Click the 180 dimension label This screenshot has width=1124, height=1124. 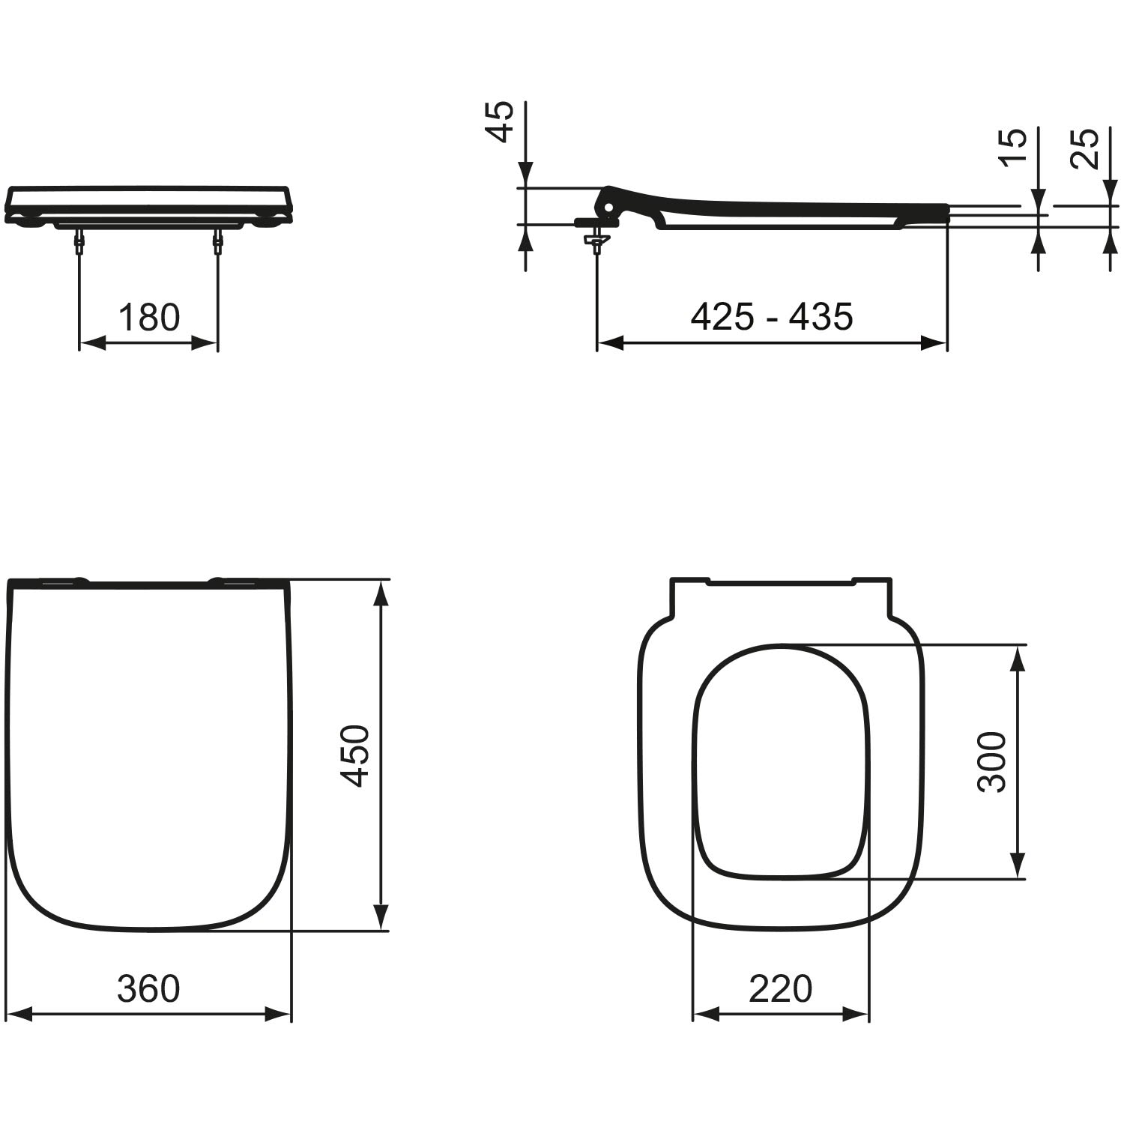[x=149, y=317]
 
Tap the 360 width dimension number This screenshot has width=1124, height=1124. [x=148, y=988]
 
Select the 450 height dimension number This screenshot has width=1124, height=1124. [x=356, y=755]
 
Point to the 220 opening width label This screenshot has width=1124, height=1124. [x=780, y=988]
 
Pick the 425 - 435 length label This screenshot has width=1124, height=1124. [x=772, y=317]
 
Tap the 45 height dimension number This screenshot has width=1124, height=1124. [x=501, y=121]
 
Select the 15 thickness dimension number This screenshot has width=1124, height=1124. [x=1012, y=148]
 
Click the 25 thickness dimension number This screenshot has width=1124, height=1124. [x=1084, y=148]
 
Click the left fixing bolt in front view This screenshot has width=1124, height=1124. [x=79, y=241]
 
